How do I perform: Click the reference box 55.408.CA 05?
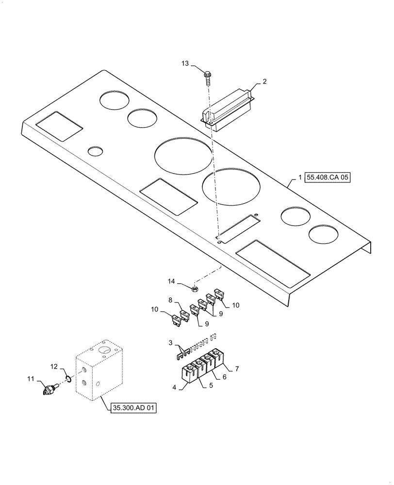pos(328,178)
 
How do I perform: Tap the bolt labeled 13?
pos(208,77)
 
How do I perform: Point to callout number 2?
pos(264,82)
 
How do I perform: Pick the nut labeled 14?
pos(194,290)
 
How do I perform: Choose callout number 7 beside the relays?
pos(237,369)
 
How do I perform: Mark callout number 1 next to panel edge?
pos(300,178)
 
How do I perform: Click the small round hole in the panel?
pos(95,151)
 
